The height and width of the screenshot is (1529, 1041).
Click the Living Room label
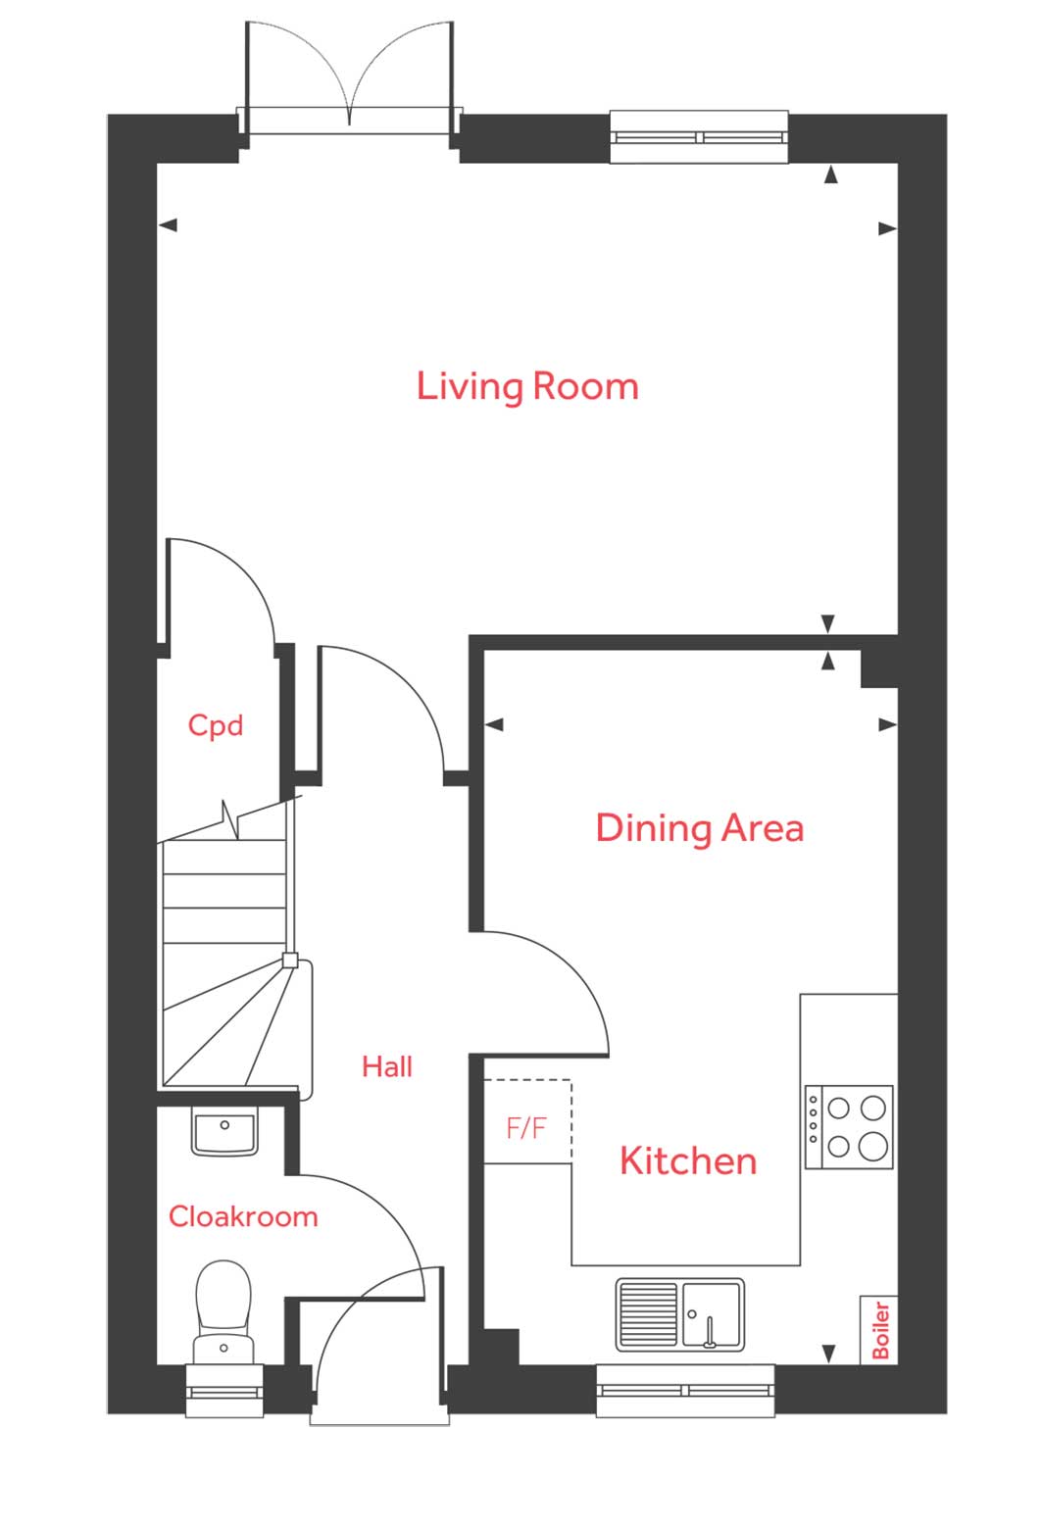point(527,386)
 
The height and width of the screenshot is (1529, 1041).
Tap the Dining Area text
point(699,828)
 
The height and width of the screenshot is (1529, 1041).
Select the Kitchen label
point(688,1161)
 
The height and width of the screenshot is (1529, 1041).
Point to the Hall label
point(387,1066)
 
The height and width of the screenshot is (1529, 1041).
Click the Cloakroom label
point(243,1216)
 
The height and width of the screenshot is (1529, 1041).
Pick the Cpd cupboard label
point(216,725)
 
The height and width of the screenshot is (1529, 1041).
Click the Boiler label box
point(880,1329)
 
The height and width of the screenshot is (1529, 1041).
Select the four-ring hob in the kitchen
point(849,1126)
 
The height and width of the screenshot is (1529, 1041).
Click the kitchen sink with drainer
point(679,1314)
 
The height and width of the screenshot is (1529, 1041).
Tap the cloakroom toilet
point(223,1309)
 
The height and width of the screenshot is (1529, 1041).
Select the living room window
point(699,136)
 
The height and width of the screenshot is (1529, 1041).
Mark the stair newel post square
point(290,961)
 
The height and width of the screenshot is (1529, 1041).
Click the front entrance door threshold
point(379,1417)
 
